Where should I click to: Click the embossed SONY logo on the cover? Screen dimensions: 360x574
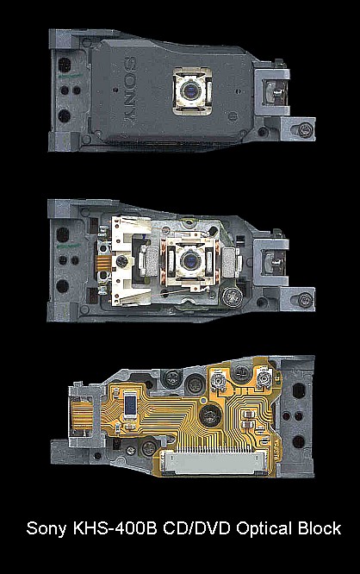(x=131, y=90)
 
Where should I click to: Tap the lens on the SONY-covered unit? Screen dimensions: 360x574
(x=190, y=90)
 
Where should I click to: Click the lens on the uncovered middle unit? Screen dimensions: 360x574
(x=190, y=261)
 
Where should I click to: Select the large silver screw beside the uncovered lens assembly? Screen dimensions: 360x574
(x=231, y=296)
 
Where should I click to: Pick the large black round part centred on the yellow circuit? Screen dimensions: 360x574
(x=210, y=415)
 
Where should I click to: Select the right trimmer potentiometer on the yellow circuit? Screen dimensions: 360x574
(x=264, y=378)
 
